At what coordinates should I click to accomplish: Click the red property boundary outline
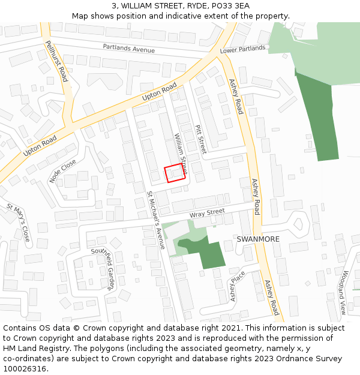coord(175,173)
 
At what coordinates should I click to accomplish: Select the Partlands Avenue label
coord(128,47)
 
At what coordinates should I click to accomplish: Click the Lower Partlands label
coord(242,49)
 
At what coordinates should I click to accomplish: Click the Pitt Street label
coord(200,139)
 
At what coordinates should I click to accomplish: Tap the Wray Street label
coord(207,212)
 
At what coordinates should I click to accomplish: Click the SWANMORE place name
coord(258,239)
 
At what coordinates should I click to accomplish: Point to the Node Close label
coord(63,172)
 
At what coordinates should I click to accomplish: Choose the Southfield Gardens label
coord(102,269)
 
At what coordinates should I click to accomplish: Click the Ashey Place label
coord(238,287)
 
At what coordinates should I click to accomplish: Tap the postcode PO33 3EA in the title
coord(230,6)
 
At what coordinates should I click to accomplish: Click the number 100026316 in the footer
coord(25,369)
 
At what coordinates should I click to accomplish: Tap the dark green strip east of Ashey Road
coord(321,120)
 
